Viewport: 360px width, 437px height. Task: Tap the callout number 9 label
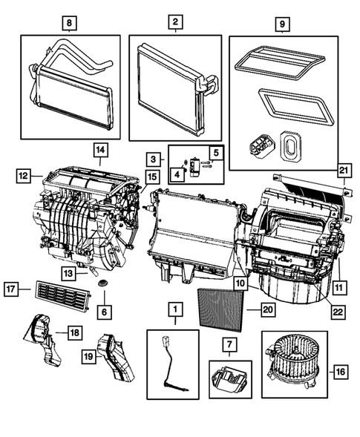(282, 22)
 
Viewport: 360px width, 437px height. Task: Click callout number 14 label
(99, 151)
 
